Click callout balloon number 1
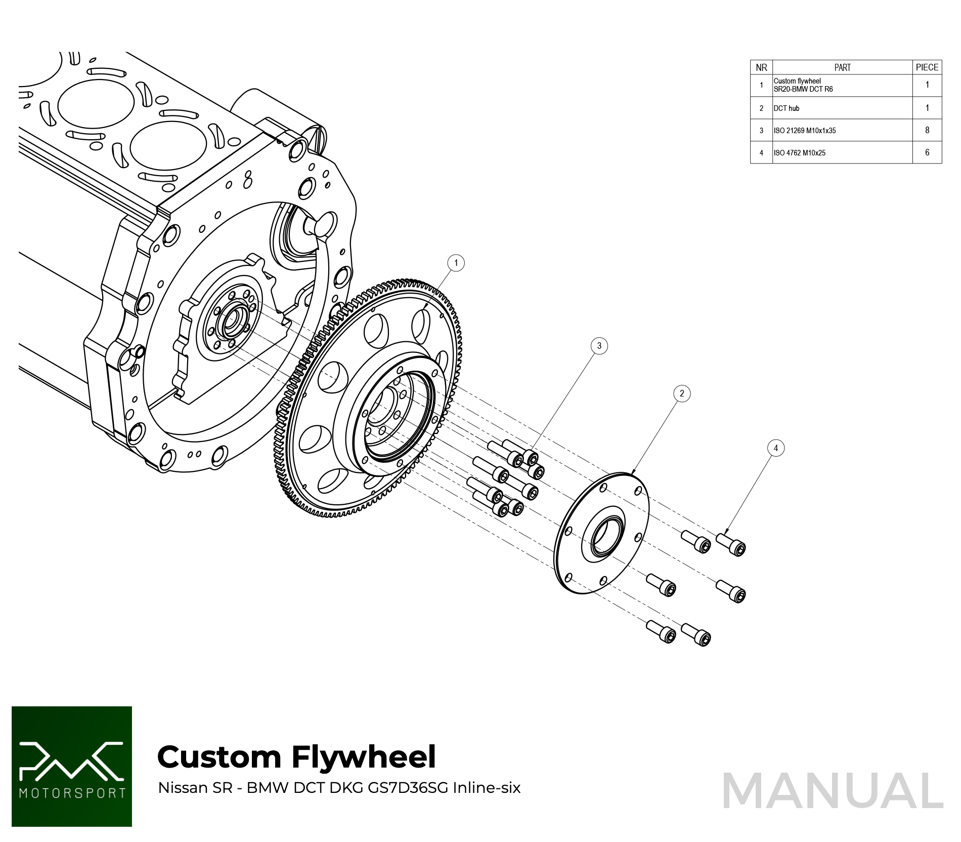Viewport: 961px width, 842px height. pos(456,263)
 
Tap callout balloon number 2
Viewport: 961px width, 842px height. pos(682,393)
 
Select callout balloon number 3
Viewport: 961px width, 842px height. pos(599,346)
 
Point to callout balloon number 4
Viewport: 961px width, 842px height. pos(776,448)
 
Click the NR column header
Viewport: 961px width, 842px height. pos(761,67)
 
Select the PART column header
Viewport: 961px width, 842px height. pos(842,67)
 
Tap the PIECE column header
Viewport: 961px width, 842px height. pos(927,67)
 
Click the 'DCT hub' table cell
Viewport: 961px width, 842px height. pos(787,108)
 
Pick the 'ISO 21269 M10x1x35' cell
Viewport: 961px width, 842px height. pos(804,131)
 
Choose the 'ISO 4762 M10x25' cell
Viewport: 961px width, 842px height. pos(799,153)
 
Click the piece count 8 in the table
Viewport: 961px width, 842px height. pos(927,130)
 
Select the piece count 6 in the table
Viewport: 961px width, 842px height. pos(927,152)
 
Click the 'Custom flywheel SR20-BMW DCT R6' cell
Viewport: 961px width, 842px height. pos(803,85)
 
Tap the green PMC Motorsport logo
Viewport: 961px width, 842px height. pos(72,766)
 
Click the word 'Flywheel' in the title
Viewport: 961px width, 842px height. pos(364,757)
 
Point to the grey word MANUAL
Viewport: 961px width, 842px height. pos(833,791)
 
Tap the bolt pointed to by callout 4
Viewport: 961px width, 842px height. pos(731,544)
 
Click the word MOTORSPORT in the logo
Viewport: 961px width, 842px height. pos(72,793)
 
